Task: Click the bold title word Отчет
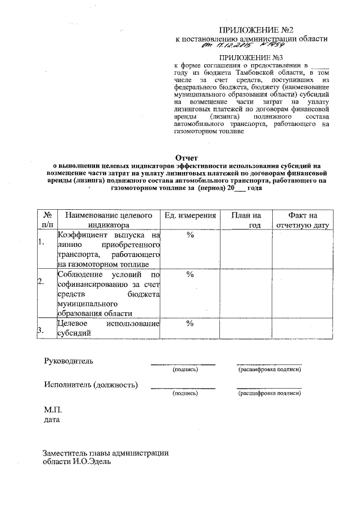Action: [x=186, y=158]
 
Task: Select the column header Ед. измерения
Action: [x=190, y=215]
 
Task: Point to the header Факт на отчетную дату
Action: [x=301, y=220]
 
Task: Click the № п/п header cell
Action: [x=47, y=220]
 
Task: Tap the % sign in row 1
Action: [x=190, y=235]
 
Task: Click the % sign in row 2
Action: [x=190, y=274]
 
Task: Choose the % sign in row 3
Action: [x=190, y=323]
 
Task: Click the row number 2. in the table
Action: [x=40, y=281]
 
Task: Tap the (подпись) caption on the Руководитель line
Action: [x=185, y=370]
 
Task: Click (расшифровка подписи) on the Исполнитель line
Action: [x=269, y=394]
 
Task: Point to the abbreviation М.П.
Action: [x=52, y=410]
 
